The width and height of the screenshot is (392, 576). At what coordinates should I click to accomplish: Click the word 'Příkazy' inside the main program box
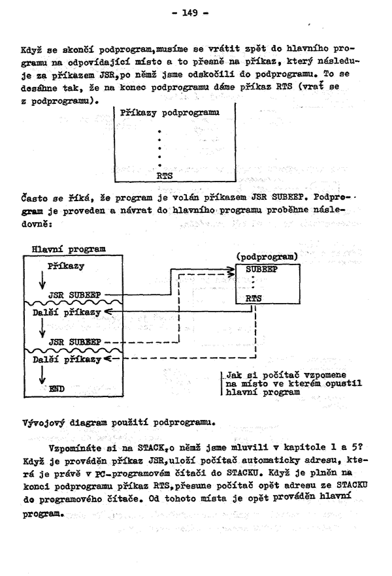tap(67, 266)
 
